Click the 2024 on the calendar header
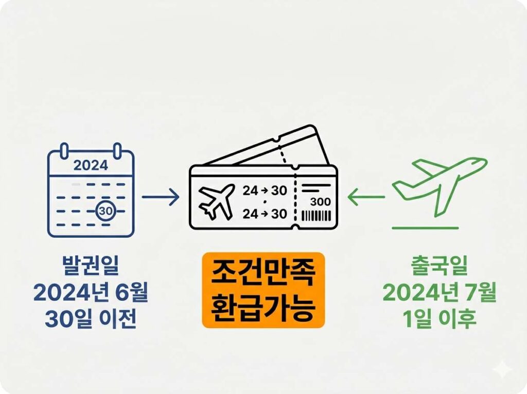[91, 165]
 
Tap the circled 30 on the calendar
[105, 211]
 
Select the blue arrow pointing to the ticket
[160, 196]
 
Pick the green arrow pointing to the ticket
[366, 196]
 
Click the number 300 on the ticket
[321, 201]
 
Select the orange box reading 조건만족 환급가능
[263, 290]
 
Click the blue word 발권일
[90, 269]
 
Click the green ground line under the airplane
[425, 227]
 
